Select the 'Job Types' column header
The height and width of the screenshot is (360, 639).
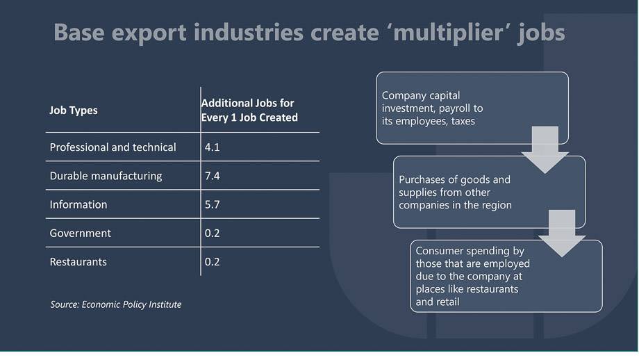(x=74, y=111)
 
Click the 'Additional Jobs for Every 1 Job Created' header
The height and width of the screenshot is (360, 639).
(x=249, y=110)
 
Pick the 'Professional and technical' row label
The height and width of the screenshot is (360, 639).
(x=113, y=147)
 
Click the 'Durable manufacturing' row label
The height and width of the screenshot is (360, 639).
(x=106, y=176)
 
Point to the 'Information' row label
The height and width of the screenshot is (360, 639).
(x=78, y=204)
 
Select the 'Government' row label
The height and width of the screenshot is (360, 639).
(x=81, y=234)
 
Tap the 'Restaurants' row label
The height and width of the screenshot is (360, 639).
(x=78, y=262)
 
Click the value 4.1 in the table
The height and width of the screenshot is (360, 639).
(x=212, y=147)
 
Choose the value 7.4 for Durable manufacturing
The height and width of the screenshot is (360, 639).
(x=212, y=176)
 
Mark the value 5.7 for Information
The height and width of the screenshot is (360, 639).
(x=212, y=204)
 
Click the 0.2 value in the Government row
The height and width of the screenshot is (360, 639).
(x=212, y=234)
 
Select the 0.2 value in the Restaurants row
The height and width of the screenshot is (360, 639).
(x=212, y=262)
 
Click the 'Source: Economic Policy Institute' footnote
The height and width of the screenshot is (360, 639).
(x=116, y=304)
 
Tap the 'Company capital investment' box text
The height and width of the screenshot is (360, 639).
(x=433, y=108)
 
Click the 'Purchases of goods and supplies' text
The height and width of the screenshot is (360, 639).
(x=455, y=192)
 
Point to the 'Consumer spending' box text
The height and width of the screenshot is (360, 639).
(x=473, y=277)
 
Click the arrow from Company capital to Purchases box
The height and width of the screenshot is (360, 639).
(x=545, y=149)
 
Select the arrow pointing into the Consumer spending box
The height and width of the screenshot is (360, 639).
(x=562, y=234)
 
